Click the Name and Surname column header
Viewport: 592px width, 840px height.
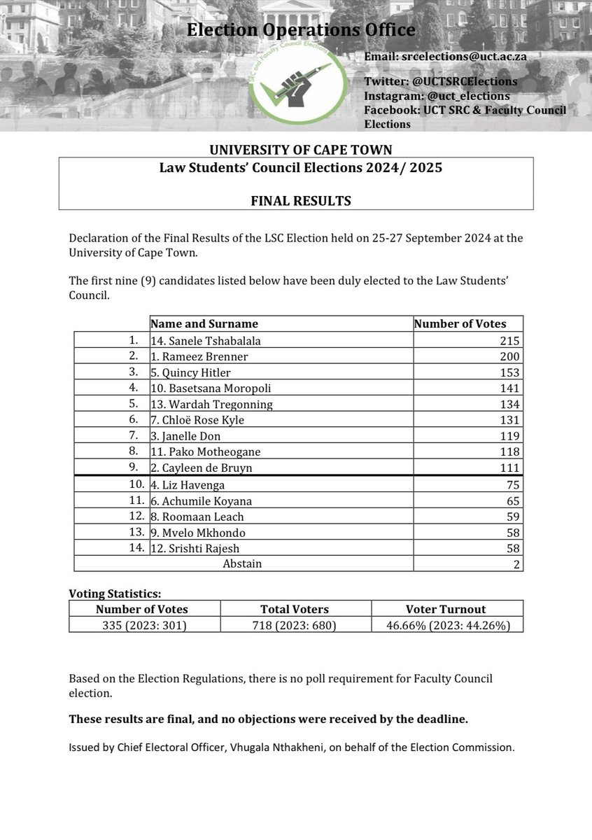pyautogui.click(x=204, y=324)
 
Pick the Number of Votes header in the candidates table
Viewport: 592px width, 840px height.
pyautogui.click(x=460, y=324)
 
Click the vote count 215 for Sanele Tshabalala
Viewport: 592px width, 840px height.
pyautogui.click(x=510, y=341)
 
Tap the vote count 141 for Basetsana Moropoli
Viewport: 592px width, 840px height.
pyautogui.click(x=510, y=388)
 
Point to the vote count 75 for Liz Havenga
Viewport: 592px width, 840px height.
pyautogui.click(x=513, y=484)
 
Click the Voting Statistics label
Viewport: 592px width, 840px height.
pyautogui.click(x=115, y=594)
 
